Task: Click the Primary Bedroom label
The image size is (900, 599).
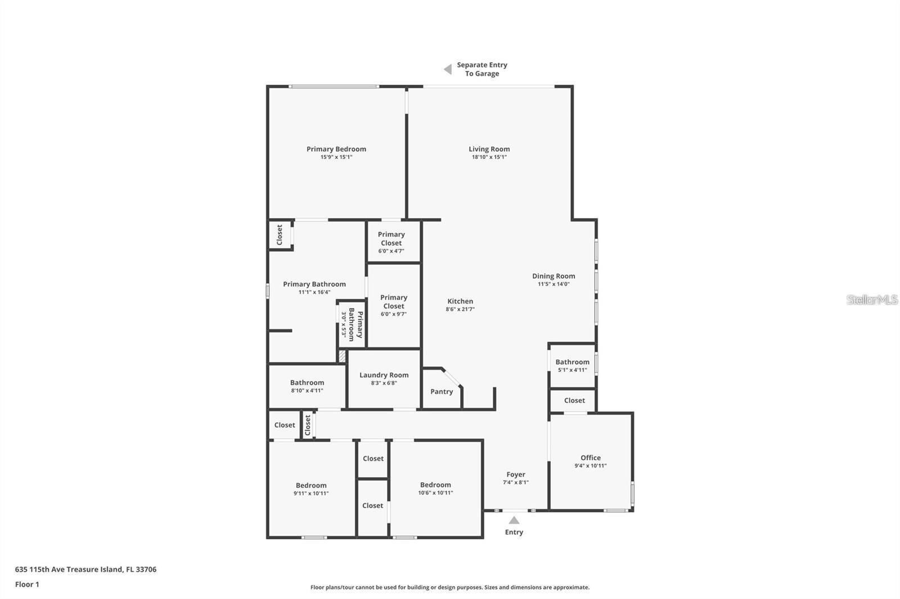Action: click(336, 149)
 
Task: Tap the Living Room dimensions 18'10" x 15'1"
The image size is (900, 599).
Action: click(489, 157)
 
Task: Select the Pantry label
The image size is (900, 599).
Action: click(442, 392)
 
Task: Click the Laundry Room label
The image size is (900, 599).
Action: click(384, 375)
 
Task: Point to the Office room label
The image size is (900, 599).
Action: click(591, 457)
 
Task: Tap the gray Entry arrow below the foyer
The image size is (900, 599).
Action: click(514, 520)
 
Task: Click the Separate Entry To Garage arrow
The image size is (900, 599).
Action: click(448, 69)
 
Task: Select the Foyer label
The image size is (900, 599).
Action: click(515, 474)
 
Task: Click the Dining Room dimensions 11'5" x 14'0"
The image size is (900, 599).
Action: click(553, 284)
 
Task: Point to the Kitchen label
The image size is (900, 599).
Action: click(460, 301)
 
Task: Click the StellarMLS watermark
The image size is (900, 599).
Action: click(872, 299)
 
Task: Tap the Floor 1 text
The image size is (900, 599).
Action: click(27, 584)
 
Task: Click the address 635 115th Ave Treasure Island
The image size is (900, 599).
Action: click(85, 569)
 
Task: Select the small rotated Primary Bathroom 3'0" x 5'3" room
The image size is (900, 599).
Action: click(352, 324)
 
